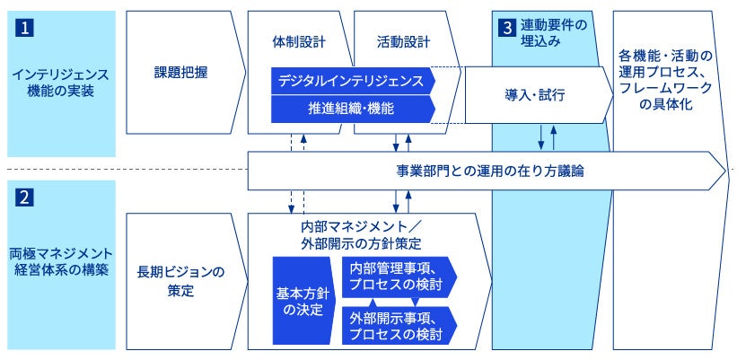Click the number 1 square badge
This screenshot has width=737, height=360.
pos(25,28)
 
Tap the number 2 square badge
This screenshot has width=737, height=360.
pos(25,198)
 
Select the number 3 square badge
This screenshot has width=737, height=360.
pos(506,28)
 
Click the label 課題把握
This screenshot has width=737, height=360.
pos(181,73)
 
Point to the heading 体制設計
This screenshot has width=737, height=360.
pos(298,42)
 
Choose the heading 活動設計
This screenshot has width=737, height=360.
pos(403,42)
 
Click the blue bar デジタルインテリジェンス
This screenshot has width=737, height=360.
pos(354,81)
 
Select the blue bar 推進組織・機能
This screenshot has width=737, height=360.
pos(354,110)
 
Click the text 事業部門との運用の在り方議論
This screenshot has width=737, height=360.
pos(490,171)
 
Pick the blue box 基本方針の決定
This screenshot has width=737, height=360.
pos(304,301)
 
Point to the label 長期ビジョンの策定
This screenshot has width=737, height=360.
pos(181,281)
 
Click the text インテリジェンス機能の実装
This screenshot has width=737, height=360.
pos(61,83)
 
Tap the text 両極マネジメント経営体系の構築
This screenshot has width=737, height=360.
pos(61,262)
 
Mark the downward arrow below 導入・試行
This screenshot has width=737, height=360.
pos(541,137)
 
